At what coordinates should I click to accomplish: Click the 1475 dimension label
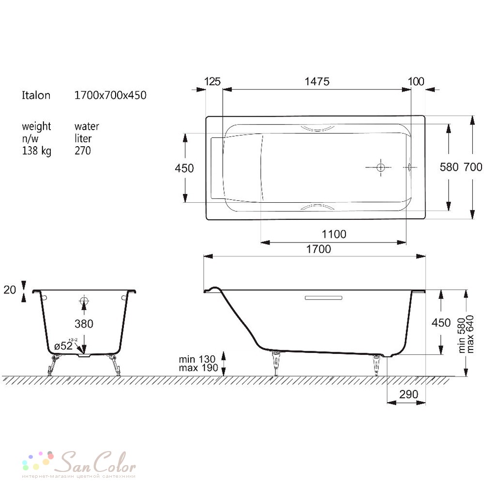[x=317, y=81]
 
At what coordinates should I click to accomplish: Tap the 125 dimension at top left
[x=212, y=81]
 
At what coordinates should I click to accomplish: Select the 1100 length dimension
[x=334, y=234]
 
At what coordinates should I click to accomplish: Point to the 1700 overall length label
[x=318, y=249]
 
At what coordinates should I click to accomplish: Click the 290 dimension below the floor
[x=408, y=394]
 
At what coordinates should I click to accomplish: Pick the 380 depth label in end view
[x=84, y=324]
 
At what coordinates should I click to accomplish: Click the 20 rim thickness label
[x=10, y=289]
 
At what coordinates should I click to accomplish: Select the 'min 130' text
[x=197, y=359]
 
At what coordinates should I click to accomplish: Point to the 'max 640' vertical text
[x=470, y=334]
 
